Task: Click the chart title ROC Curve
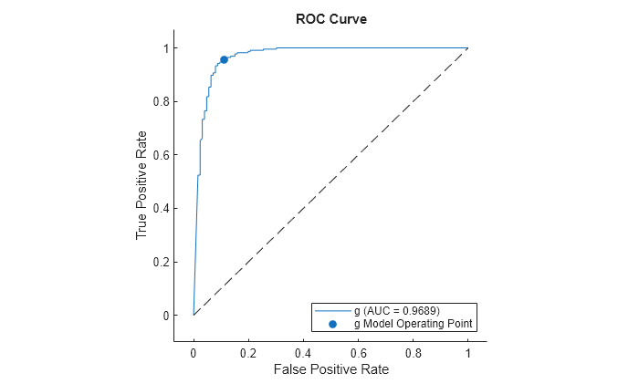click(331, 19)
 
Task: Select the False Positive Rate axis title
click(330, 369)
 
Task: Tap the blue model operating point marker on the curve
click(224, 59)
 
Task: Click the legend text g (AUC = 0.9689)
click(396, 311)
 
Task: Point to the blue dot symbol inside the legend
click(332, 323)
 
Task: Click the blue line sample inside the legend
click(332, 311)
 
